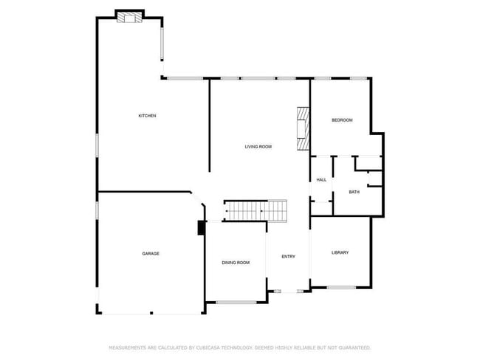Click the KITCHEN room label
(x=147, y=116)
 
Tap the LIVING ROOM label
(x=258, y=147)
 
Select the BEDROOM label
(x=342, y=120)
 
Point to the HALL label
(x=321, y=180)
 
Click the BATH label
(x=354, y=193)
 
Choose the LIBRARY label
(x=340, y=252)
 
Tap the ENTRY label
(x=288, y=257)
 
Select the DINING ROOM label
(x=236, y=263)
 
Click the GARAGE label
(x=151, y=254)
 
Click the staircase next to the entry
(x=256, y=211)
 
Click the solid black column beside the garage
(x=201, y=229)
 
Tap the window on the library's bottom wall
(x=341, y=287)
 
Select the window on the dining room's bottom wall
(x=236, y=301)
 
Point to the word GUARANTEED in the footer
(x=352, y=347)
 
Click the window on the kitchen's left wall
(x=97, y=145)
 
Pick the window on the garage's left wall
(x=97, y=210)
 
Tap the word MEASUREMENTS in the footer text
(x=128, y=347)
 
